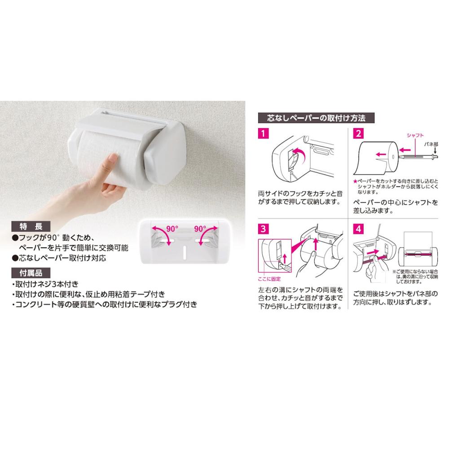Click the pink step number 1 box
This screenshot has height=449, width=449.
[264, 133]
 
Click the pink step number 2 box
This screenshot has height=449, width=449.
[358, 133]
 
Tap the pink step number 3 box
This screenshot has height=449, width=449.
[264, 229]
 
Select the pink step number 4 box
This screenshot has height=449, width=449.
[358, 229]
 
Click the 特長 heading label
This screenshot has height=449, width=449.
[31, 226]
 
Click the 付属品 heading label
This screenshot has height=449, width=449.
[31, 273]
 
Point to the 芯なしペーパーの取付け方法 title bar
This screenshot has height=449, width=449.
[316, 118]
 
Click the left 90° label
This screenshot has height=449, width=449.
[172, 229]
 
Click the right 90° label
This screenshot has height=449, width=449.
[200, 229]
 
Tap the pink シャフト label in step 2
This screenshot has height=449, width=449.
[415, 135]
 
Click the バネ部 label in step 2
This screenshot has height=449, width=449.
[431, 144]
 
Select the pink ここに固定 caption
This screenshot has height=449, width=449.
[269, 279]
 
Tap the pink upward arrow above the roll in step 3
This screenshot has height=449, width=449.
[316, 244]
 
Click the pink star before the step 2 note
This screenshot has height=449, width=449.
[355, 181]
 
